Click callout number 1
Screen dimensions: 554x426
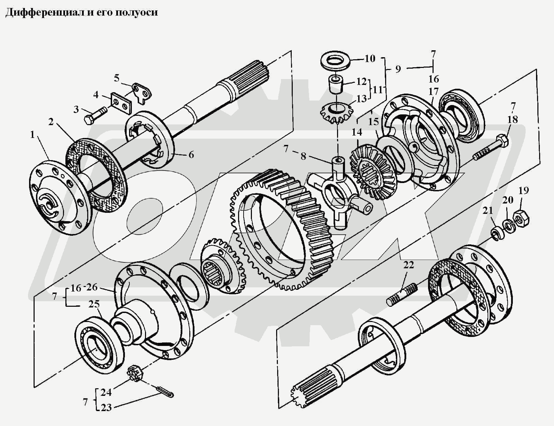point(32,134)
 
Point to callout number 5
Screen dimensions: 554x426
point(117,78)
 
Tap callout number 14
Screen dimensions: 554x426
point(357,132)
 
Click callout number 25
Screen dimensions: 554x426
point(94,304)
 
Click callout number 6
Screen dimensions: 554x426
point(191,155)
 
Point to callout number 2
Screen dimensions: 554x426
point(51,122)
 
